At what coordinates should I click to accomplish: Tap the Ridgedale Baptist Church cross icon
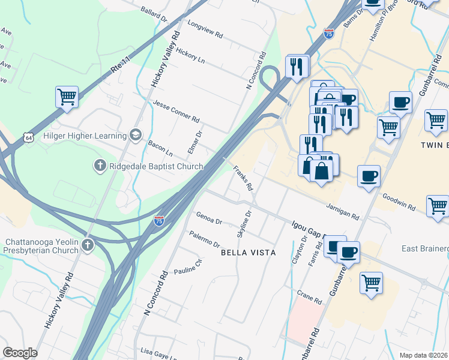tap(100, 164)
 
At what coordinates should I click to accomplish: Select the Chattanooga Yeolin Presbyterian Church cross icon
tap(88, 244)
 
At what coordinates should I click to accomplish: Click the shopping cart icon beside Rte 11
tap(67, 96)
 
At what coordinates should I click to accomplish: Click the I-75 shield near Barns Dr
tap(328, 34)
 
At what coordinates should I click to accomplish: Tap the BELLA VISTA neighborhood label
tap(249, 253)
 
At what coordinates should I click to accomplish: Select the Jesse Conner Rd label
tap(176, 110)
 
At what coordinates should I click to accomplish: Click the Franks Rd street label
tap(243, 178)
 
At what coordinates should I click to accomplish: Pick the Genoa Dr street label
tap(209, 218)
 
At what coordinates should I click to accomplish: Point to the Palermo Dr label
tap(205, 238)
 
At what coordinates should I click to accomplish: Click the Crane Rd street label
tap(310, 297)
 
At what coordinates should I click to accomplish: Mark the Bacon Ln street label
tap(160, 146)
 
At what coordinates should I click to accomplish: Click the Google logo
tap(20, 353)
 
